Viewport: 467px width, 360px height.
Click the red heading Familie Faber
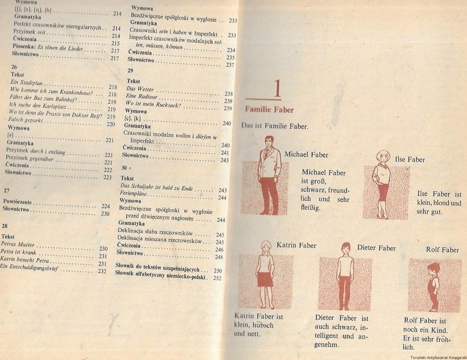tap(269, 110)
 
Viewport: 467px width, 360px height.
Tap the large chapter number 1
tap(277, 89)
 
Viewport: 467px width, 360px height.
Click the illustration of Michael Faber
tap(269, 175)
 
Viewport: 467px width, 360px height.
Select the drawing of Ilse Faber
tap(382, 184)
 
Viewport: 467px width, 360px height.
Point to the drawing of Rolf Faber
tap(433, 287)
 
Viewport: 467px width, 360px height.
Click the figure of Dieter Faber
tap(345, 276)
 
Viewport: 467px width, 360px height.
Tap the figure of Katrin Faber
tap(266, 274)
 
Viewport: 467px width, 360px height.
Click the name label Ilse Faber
tap(410, 159)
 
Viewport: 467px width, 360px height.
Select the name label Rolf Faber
tap(442, 250)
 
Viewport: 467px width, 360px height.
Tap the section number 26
tap(14, 67)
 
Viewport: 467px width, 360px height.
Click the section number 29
tap(130, 71)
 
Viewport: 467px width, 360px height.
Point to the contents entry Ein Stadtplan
tap(27, 83)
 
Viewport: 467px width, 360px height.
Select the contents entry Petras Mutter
tap(17, 244)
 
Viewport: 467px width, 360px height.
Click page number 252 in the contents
tap(217, 278)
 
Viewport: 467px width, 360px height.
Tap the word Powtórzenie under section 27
tap(18, 201)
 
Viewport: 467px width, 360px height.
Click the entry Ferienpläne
tap(133, 193)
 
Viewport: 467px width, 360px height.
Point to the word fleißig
tap(311, 207)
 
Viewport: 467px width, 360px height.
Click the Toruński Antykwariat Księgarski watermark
tap(438, 357)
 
